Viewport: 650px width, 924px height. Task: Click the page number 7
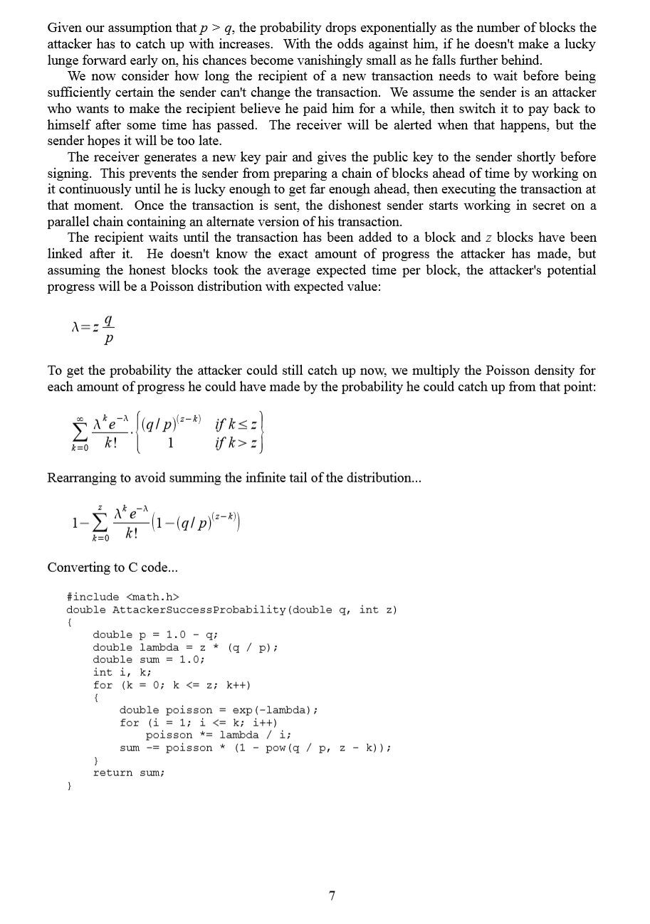(332, 896)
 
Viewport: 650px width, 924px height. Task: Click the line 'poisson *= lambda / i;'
(219, 735)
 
